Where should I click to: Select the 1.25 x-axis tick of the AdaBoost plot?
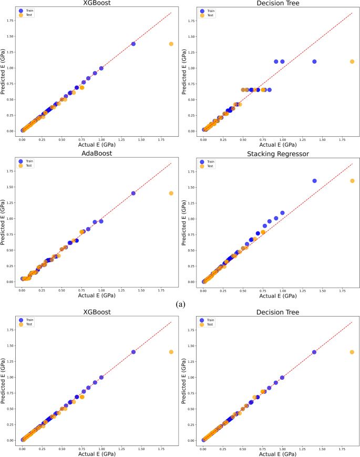[x=121, y=289]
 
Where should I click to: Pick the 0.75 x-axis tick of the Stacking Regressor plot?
[x=263, y=289]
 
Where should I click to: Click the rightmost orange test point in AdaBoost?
[x=171, y=193]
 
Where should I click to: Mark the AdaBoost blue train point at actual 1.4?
[x=133, y=193]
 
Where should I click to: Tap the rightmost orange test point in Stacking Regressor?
[x=352, y=181]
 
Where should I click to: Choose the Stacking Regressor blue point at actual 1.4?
[x=314, y=181]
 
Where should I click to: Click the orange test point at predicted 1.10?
[x=352, y=62]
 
